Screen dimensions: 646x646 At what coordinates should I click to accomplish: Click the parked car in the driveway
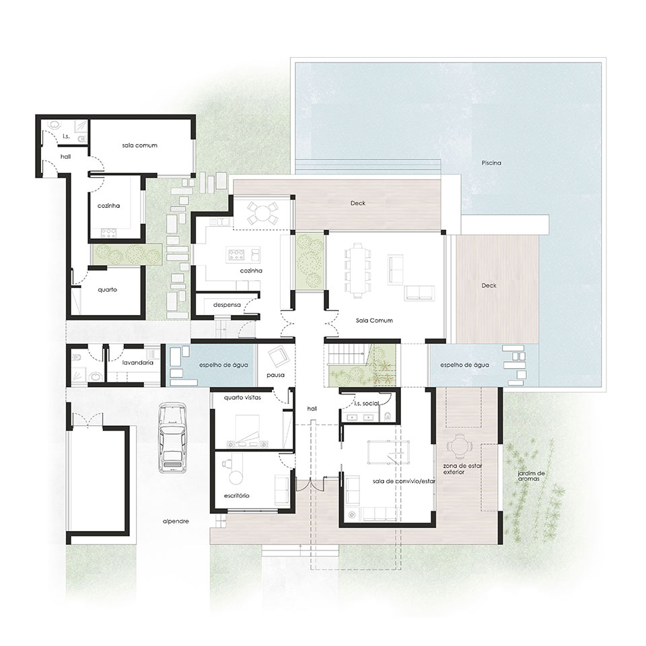[x=173, y=437]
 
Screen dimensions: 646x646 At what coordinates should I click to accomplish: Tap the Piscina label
[x=491, y=163]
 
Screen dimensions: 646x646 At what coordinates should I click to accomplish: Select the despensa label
[x=227, y=305]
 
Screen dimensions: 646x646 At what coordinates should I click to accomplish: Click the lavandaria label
[x=138, y=363]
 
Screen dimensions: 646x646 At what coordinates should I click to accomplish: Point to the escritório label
[x=236, y=496]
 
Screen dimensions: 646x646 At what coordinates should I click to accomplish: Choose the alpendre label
[x=176, y=521]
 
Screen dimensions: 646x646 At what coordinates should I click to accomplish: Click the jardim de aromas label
[x=532, y=476]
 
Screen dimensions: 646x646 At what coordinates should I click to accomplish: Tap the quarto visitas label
[x=242, y=398]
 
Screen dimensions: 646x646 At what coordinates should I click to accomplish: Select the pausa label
[x=275, y=375]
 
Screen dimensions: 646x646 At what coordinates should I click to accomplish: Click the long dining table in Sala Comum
[x=357, y=269]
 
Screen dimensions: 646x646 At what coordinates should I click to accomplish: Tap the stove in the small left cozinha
[x=108, y=234]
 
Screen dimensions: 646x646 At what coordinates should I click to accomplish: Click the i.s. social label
[x=367, y=404]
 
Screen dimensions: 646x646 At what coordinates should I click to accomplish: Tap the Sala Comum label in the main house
[x=374, y=320]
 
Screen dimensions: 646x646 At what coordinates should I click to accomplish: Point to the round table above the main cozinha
[x=261, y=213]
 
